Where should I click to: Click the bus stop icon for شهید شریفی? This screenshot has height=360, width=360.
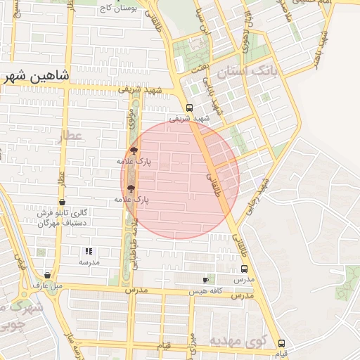coord(189,108)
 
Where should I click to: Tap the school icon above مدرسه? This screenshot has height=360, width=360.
coord(89,251)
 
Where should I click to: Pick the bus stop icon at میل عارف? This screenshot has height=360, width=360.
coord(47,275)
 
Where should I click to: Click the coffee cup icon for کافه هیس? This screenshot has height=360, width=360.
coord(205,280)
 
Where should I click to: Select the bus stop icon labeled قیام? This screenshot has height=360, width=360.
coord(281,343)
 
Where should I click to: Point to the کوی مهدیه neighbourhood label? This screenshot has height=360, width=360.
coord(240,341)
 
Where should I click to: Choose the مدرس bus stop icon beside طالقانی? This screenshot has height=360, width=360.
coord(245,269)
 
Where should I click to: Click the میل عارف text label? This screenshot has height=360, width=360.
coord(48,285)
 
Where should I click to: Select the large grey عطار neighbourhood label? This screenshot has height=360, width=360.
coord(70,137)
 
